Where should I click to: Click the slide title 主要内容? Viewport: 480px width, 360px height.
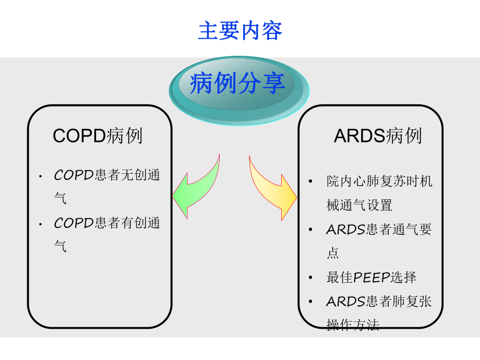coord(240,31)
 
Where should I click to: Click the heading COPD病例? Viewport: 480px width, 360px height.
coord(98,136)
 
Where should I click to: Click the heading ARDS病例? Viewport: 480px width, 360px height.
coord(378,136)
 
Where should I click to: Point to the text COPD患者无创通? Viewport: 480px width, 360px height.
coord(107,175)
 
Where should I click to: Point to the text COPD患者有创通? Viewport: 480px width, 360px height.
coord(107,223)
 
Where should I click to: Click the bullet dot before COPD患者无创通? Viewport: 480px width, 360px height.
coord(40,176)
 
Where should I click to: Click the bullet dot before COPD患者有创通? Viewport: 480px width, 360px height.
coord(40,224)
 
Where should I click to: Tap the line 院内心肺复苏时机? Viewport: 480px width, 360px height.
coord(379,182)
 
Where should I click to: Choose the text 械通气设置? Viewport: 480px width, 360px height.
coord(359,206)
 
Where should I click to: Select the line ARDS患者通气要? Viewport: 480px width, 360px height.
coord(379,230)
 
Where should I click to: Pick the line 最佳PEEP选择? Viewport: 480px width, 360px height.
coord(371,278)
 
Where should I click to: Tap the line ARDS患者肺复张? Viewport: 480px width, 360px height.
coord(379,302)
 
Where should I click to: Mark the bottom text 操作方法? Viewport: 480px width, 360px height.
coord(353,325)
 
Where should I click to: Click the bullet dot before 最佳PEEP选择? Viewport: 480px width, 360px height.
coord(311,278)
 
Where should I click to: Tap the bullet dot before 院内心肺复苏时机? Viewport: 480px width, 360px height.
coord(311,182)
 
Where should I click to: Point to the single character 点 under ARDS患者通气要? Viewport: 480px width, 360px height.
coord(333,254)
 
